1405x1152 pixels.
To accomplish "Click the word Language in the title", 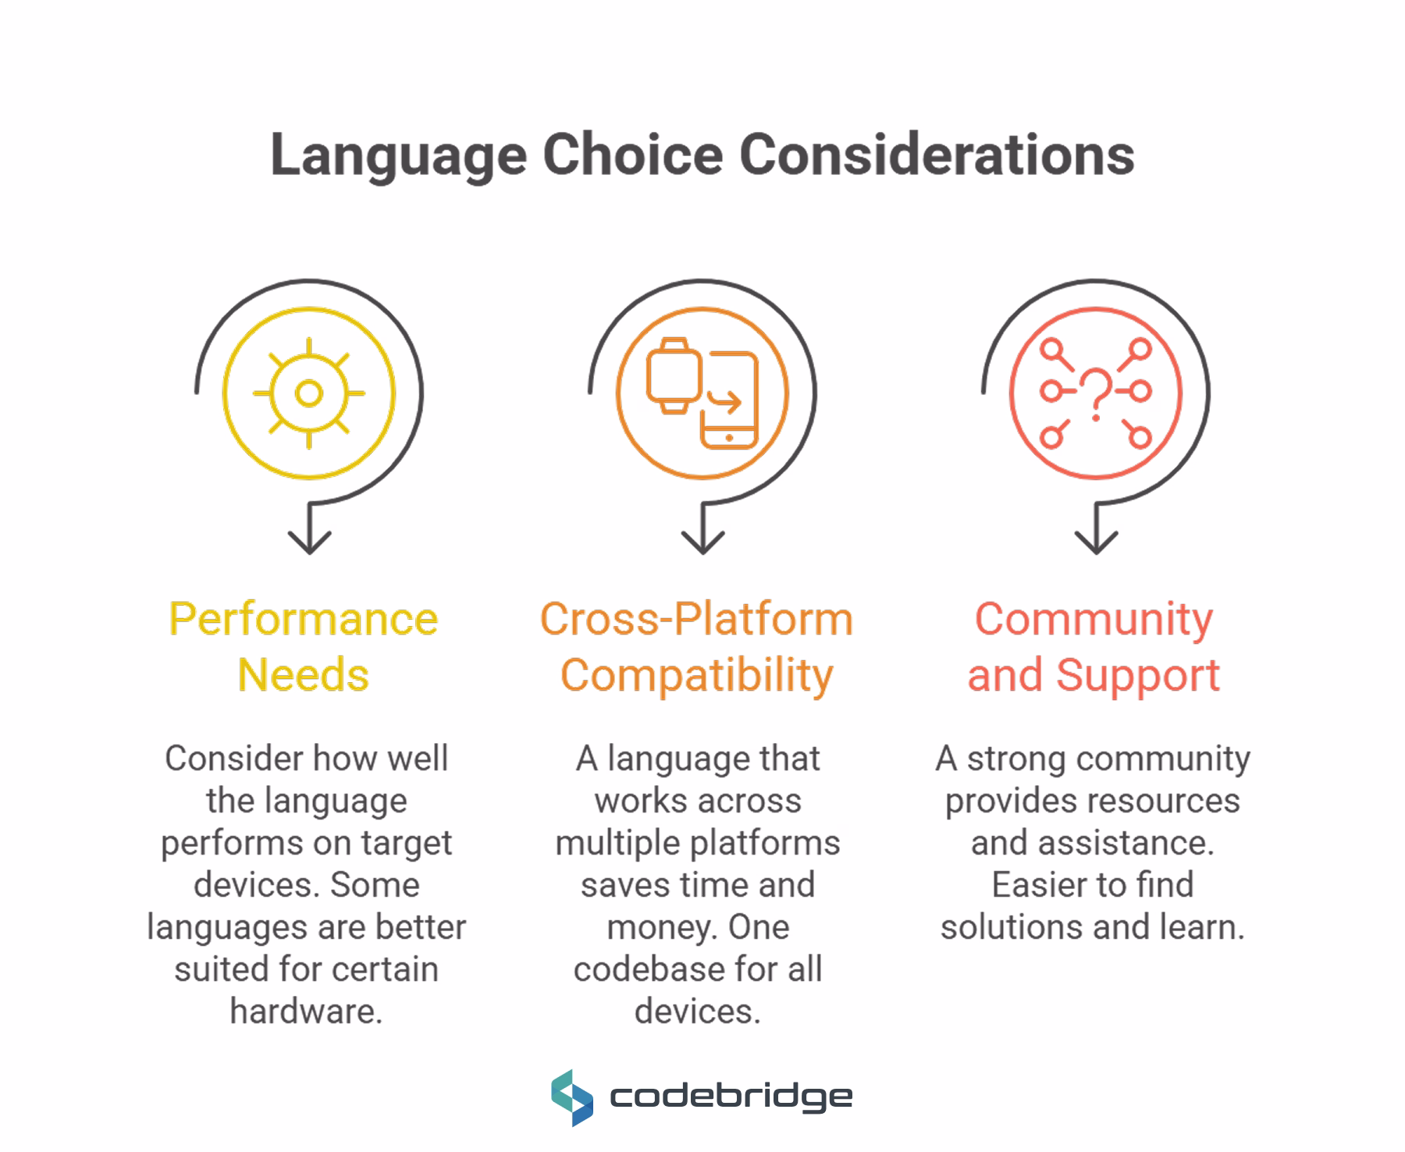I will point(398,155).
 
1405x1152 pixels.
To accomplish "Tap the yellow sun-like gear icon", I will point(309,393).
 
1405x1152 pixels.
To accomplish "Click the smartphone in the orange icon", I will point(730,402).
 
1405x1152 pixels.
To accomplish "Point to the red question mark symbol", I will point(1096,393).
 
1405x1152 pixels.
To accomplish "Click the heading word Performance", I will point(304,620).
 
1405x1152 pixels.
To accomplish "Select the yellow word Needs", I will point(304,675).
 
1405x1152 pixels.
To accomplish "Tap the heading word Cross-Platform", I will point(696,620).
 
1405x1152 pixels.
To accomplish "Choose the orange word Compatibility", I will point(696,676).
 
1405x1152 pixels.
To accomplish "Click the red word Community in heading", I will point(1094,620).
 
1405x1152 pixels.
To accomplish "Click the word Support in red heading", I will point(1137,676).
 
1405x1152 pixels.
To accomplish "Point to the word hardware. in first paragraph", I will point(306,1012).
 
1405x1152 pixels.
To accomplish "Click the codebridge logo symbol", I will point(572,1097).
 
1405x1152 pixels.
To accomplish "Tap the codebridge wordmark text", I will point(731,1098).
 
